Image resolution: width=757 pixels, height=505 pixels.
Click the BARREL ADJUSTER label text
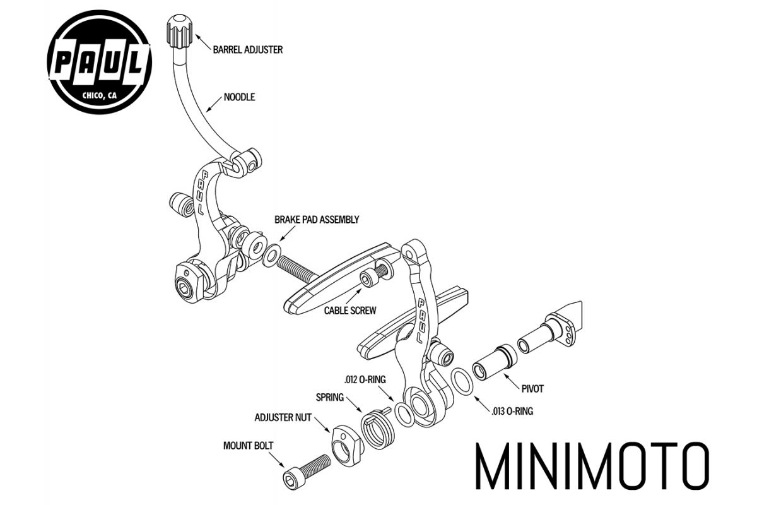249,49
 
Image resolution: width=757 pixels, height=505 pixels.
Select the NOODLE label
239,98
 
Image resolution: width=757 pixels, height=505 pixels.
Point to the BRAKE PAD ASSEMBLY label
316,220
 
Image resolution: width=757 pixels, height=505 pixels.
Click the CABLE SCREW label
350,310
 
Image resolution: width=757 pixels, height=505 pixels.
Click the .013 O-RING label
512,411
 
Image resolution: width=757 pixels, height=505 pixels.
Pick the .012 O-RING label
365,379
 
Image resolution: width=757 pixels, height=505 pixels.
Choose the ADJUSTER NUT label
283,417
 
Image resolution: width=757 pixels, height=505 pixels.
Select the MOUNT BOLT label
248,445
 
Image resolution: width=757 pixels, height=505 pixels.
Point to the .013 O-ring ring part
462,382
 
